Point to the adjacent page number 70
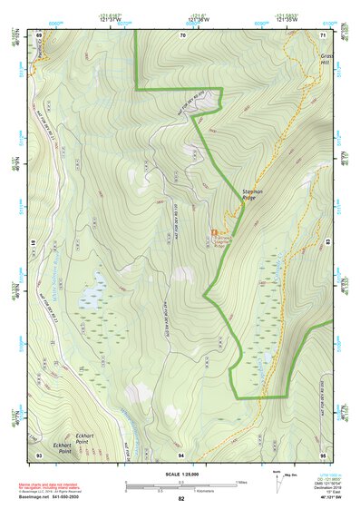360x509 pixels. click(182, 34)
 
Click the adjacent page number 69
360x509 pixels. click(38, 34)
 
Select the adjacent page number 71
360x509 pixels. click(323, 34)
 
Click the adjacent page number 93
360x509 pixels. click(38, 454)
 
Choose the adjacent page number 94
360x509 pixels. click(182, 454)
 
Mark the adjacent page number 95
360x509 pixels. click(323, 454)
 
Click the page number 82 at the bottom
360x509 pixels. click(181, 499)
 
